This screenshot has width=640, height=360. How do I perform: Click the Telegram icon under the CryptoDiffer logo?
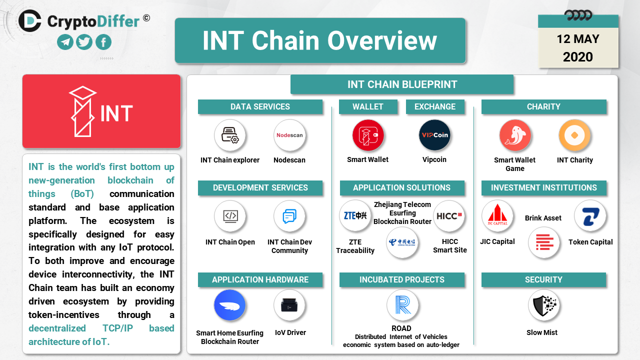65,42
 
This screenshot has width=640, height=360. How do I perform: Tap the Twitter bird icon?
84,42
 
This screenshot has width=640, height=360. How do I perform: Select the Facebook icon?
103,42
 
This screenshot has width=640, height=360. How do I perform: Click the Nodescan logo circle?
289,135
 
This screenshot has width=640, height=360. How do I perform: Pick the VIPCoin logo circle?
434,135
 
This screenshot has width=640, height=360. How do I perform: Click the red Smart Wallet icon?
368,135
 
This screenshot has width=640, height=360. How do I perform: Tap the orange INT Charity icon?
574,135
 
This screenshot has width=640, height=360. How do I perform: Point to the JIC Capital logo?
497,215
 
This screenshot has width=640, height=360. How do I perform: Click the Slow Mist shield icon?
543,305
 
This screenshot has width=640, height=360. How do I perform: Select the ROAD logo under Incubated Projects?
402,305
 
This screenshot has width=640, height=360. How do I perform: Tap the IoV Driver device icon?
289,305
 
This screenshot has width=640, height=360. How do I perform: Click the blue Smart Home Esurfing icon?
229,305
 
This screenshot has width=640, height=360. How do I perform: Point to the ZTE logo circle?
355,215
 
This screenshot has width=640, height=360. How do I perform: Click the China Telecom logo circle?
402,242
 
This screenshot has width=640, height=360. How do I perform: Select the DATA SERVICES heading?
260,107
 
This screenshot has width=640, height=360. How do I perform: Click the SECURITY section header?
543,279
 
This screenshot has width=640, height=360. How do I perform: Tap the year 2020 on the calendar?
578,57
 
